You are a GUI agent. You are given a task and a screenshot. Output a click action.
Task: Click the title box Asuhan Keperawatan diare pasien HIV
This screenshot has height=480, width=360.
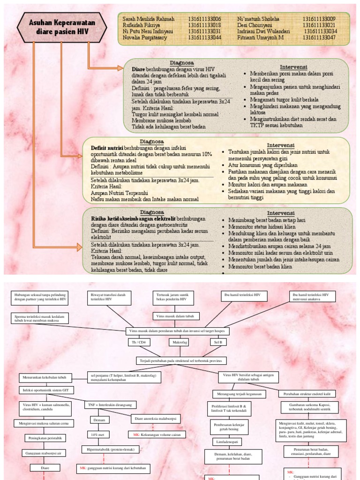[x=61, y=28]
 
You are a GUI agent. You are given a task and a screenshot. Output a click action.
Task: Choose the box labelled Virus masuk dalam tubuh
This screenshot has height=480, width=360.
[x=176, y=316]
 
